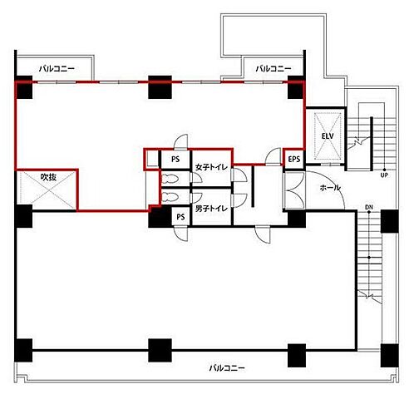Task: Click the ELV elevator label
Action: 328,136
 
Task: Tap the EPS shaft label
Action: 294,159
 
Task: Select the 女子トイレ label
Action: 211,167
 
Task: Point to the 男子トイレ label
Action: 211,209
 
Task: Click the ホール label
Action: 330,188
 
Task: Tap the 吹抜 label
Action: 48,177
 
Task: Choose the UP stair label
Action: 384,175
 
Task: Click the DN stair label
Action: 369,207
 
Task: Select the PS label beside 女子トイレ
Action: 175,160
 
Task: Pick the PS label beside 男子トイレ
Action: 180,217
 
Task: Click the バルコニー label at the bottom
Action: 227,368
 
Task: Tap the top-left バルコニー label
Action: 57,68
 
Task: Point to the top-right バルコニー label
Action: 274,68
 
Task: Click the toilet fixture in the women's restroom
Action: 170,179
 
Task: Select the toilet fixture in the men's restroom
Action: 170,197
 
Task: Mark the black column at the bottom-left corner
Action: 23,350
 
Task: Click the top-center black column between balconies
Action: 160,87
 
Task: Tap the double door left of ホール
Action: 295,190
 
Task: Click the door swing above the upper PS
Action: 180,141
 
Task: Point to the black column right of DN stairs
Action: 390,221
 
